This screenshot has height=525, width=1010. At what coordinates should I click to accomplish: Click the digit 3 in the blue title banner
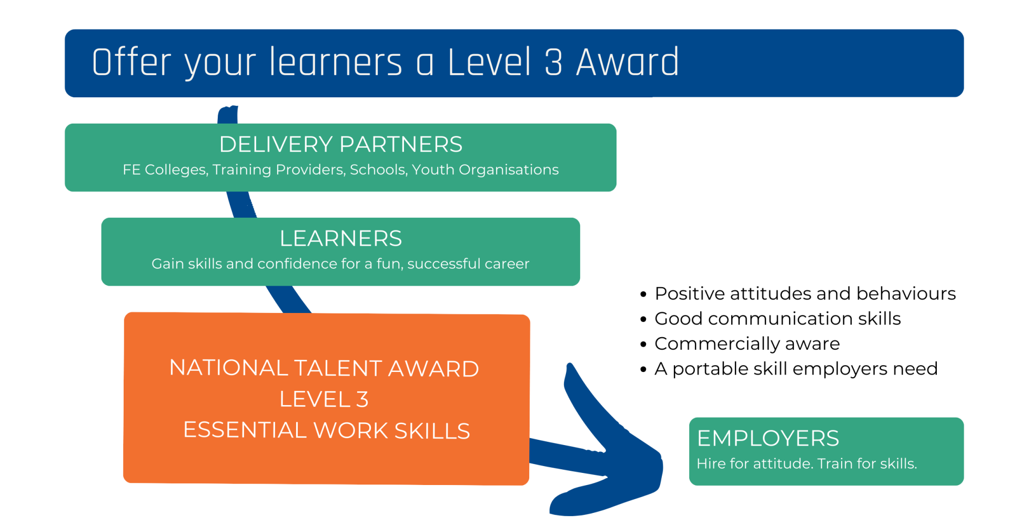[x=553, y=63]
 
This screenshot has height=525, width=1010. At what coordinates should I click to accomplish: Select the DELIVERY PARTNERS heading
[x=341, y=144]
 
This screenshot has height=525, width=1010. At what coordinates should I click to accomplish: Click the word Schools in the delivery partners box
[x=378, y=169]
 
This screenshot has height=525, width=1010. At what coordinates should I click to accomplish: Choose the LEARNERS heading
[x=341, y=238]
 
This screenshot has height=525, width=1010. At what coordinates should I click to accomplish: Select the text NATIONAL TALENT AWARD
[x=324, y=368]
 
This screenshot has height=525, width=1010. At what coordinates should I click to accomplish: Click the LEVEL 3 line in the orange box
[x=324, y=399]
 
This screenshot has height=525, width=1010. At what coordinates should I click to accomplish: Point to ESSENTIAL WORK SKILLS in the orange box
[x=326, y=430]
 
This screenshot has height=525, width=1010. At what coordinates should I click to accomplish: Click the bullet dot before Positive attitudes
[x=643, y=295]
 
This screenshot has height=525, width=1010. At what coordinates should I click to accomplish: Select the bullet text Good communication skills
[x=777, y=318]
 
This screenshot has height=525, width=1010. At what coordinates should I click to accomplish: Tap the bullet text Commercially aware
[x=747, y=344]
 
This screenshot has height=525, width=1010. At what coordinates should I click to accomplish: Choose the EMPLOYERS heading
[x=768, y=438]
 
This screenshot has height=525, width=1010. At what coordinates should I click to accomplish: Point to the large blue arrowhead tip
[x=661, y=463]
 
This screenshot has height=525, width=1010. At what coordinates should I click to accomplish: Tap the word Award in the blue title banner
[x=628, y=62]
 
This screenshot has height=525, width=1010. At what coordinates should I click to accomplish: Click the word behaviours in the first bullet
[x=906, y=294]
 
